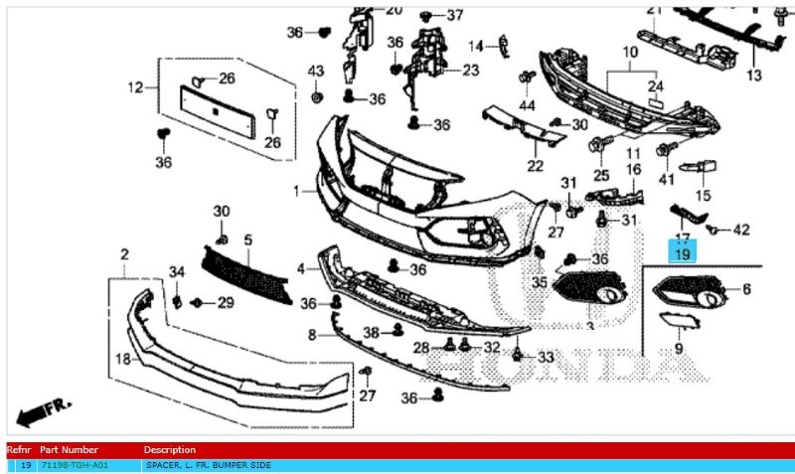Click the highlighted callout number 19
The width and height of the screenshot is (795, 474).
(x=683, y=255)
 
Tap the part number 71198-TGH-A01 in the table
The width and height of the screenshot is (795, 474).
(x=74, y=465)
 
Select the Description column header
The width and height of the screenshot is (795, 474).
(x=170, y=450)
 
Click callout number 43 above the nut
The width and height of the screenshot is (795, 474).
(x=316, y=72)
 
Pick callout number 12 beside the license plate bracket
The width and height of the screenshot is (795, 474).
(x=135, y=87)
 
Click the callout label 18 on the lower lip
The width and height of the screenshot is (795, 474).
(x=123, y=358)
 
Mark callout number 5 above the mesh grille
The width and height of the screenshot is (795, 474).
(x=248, y=239)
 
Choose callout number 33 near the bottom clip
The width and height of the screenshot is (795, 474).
(x=547, y=357)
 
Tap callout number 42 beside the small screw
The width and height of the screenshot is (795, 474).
(x=741, y=231)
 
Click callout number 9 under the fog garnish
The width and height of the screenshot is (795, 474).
(x=679, y=349)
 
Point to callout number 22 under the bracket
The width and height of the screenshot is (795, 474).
(x=536, y=165)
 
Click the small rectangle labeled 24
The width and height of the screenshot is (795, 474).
(x=655, y=102)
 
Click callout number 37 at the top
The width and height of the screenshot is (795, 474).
(x=454, y=15)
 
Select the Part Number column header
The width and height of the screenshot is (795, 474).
(x=69, y=450)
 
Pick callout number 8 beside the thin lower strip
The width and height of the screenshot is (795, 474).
(x=311, y=336)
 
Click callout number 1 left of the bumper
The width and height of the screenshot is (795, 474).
(x=297, y=190)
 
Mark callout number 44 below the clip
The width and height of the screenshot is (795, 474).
(x=526, y=105)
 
